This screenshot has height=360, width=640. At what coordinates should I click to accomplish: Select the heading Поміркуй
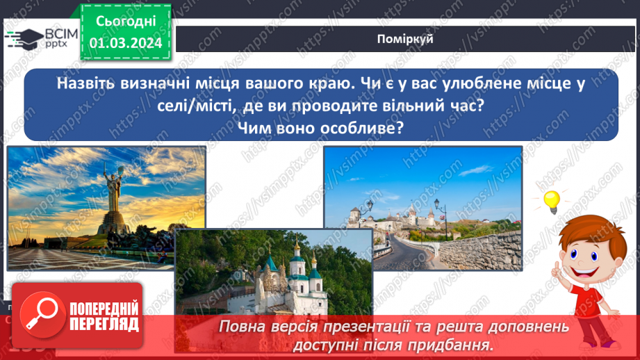click(x=407, y=39)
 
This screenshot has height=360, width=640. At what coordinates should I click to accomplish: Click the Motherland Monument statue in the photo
click(x=111, y=198)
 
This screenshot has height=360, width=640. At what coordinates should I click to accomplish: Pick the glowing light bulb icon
click(x=551, y=201)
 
